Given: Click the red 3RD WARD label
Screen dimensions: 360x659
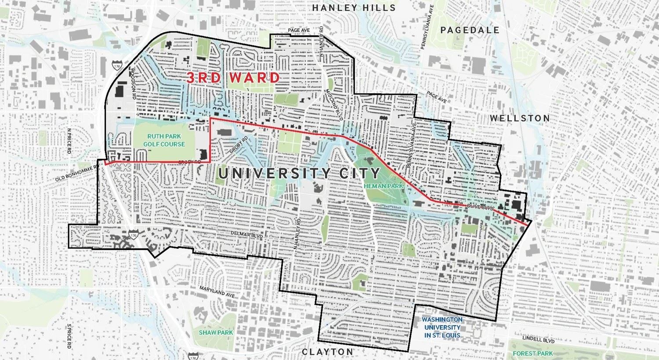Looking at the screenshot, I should click(x=233, y=78).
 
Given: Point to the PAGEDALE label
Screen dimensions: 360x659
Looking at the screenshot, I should click(x=470, y=30).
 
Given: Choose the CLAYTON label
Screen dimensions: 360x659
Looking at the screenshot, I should click(x=327, y=352).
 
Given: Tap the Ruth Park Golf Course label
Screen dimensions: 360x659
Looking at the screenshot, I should click(x=166, y=140).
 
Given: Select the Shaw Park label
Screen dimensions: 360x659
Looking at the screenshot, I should click(x=216, y=332).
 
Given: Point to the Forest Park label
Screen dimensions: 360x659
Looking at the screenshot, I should click(x=534, y=353).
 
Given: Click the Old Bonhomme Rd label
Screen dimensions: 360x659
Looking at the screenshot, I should click(x=75, y=174).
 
